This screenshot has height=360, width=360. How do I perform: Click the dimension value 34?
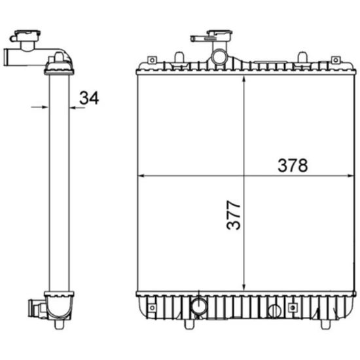[x=89, y=98]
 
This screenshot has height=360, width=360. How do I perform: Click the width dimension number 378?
[x=293, y=166]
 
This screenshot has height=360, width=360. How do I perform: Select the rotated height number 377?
[x=233, y=215]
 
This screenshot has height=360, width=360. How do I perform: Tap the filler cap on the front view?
[x=219, y=35]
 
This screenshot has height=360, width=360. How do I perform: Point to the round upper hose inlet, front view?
[x=219, y=57]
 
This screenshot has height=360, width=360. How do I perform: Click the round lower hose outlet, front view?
[x=200, y=306]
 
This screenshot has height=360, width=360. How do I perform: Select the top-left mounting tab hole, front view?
[x=152, y=60]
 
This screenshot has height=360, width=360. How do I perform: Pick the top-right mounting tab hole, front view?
[x=336, y=60]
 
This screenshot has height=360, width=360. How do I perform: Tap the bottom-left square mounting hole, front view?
[x=152, y=308]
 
